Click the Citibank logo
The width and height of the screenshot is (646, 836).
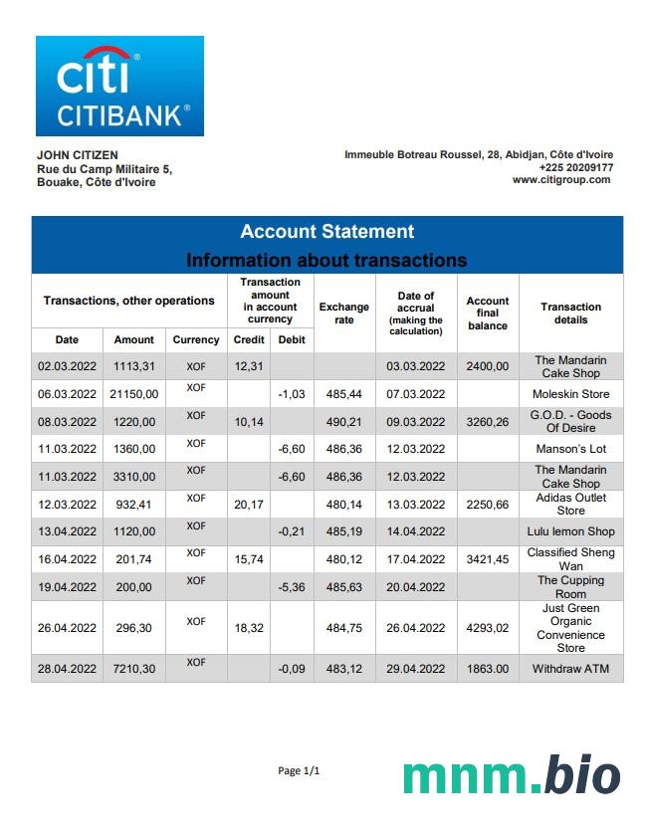point(119,86)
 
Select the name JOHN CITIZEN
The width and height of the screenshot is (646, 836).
point(77,155)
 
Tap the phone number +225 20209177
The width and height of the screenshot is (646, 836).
point(575,167)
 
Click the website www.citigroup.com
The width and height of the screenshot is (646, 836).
point(562,180)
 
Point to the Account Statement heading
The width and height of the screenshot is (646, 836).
point(326,232)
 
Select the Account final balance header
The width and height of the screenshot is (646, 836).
point(488,313)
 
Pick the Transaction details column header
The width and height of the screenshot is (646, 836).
point(570,313)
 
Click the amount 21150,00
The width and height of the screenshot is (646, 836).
point(133,394)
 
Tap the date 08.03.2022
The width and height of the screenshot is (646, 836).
point(67,422)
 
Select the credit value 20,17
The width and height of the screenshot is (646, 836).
point(248,505)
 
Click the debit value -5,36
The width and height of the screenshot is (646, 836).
point(292,587)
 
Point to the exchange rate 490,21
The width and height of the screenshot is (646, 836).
point(343,422)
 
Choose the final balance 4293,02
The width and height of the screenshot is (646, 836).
point(488,628)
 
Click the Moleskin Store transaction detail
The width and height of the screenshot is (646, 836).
point(570,394)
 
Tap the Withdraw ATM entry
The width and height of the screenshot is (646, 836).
point(570,669)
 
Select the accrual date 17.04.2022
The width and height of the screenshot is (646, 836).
point(416,559)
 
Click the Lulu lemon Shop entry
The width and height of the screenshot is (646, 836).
point(570,531)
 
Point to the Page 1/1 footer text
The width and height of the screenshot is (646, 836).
point(299,771)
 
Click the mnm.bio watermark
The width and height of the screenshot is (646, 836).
point(511,775)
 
